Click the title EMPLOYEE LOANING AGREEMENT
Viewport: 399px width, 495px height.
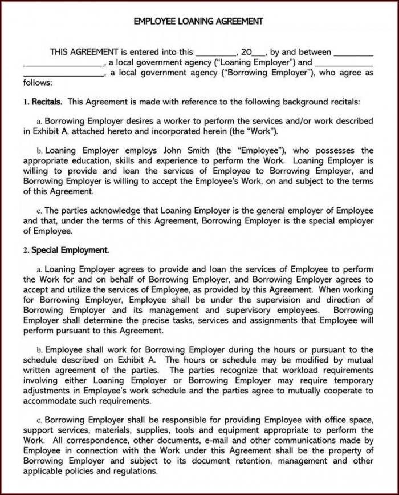(198, 21)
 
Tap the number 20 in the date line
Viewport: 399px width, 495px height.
(247, 52)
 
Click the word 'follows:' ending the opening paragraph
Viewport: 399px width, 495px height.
(37, 83)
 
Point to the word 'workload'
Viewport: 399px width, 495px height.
(293, 371)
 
